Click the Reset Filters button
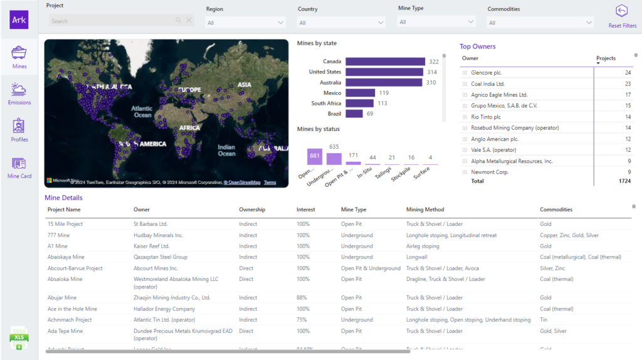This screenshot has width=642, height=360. tap(621, 16)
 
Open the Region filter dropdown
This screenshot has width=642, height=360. tap(246, 23)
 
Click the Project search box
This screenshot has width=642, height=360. tap(113, 21)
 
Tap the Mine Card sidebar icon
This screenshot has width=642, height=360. tap(19, 167)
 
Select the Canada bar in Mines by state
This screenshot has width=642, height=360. tap(385, 61)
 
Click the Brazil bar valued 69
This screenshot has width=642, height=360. tap(354, 114)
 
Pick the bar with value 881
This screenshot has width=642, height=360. tap(315, 156)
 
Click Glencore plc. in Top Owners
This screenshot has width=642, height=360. tap(486, 73)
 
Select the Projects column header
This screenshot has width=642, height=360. tap(606, 58)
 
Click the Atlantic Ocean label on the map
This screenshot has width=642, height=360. tap(143, 112)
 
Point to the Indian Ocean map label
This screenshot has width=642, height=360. tap(226, 150)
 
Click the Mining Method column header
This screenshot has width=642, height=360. tap(425, 209)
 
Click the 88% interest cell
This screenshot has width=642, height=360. tap(302, 298)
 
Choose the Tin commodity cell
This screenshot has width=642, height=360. tap(544, 320)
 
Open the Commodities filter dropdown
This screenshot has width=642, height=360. tap(540, 23)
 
